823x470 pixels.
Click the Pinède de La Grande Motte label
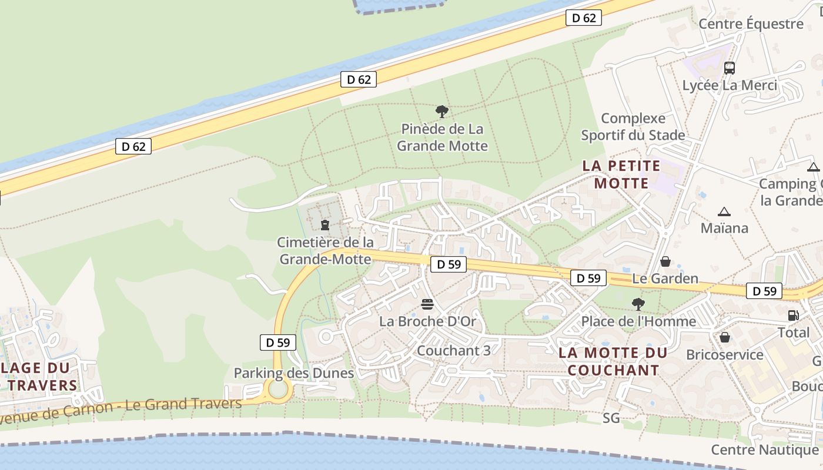[442, 137]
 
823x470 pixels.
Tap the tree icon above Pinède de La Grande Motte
[441, 111]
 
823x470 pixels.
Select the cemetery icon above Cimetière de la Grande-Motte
[324, 224]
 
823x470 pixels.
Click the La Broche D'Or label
[427, 321]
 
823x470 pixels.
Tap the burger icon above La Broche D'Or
[427, 304]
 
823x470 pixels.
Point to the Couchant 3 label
[453, 350]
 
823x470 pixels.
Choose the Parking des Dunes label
[294, 373]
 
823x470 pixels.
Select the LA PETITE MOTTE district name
[621, 174]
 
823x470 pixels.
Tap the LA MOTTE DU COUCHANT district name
[613, 361]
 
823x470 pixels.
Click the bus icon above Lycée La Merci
[730, 68]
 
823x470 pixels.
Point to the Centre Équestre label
[751, 24]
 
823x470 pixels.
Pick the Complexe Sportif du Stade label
[633, 127]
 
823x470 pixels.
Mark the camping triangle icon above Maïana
[724, 211]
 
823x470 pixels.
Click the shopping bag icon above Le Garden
[665, 261]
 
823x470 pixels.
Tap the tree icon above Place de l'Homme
[638, 304]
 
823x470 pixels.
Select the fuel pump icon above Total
[793, 315]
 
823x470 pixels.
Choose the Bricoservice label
[725, 355]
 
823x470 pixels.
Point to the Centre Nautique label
[765, 450]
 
